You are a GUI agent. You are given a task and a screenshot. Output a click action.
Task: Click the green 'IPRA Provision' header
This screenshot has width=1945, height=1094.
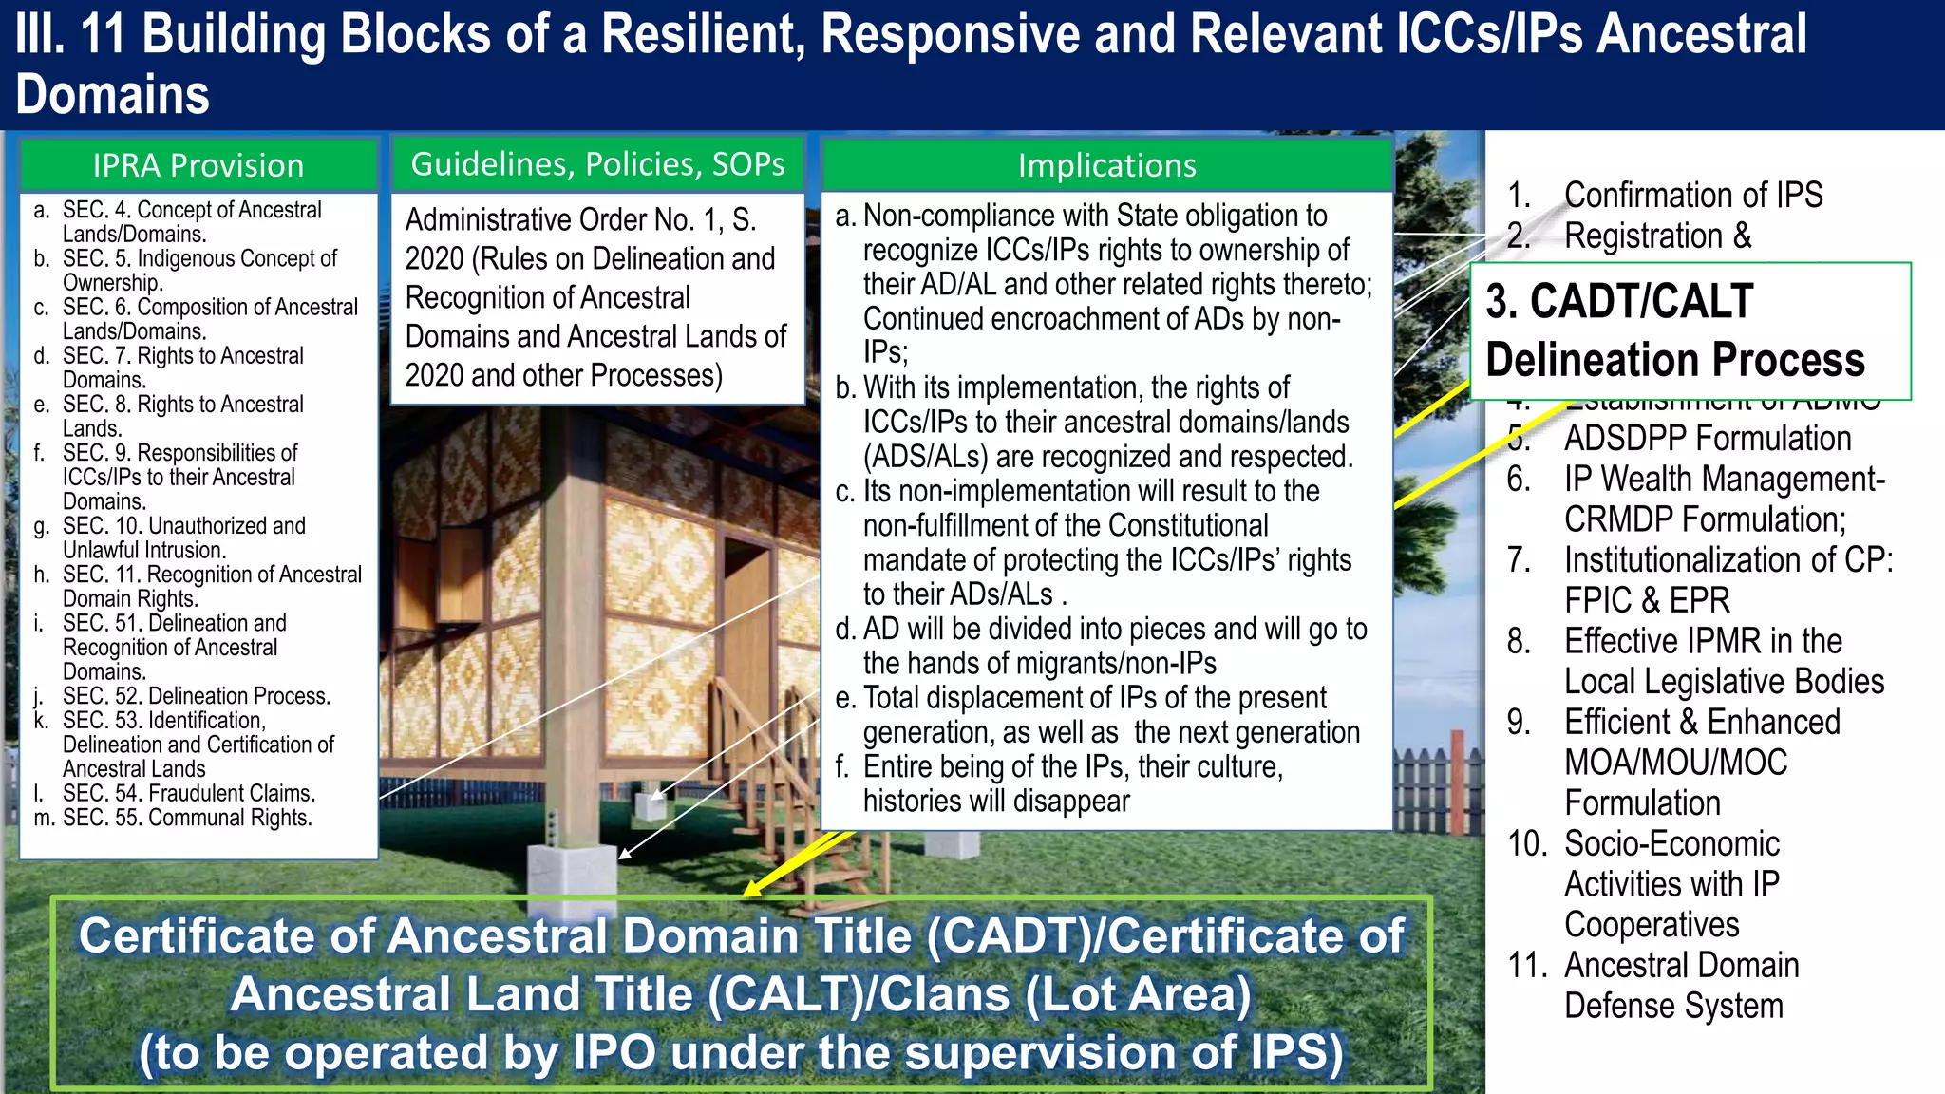(198, 165)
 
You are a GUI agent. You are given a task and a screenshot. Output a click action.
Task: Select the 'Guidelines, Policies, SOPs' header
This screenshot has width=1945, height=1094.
(597, 164)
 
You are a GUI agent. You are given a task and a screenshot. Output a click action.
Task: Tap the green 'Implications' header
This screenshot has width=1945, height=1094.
(1106, 165)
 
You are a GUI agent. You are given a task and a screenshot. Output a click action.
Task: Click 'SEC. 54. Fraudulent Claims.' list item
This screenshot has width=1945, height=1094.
(188, 793)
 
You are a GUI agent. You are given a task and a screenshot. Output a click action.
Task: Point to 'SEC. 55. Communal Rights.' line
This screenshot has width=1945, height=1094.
(186, 818)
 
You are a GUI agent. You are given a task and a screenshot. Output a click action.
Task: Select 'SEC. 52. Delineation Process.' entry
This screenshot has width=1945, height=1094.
(196, 696)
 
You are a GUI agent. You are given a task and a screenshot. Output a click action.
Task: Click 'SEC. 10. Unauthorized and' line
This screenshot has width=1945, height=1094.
(183, 526)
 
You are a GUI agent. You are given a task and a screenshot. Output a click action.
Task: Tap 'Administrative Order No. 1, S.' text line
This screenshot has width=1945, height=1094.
(580, 219)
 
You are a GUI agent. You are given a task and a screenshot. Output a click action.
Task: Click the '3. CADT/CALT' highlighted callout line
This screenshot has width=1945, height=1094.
(1619, 301)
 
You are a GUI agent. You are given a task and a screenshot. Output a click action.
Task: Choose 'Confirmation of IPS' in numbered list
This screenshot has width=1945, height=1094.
(1692, 195)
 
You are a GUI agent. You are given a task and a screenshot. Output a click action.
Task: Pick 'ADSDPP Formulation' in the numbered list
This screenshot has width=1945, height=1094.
(1707, 438)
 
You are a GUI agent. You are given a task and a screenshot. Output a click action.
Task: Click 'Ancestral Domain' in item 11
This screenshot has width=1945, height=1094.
(1681, 965)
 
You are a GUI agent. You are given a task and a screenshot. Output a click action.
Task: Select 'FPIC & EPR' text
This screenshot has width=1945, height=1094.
(1646, 600)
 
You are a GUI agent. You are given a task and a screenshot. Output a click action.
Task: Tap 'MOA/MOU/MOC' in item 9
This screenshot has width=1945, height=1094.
(1675, 762)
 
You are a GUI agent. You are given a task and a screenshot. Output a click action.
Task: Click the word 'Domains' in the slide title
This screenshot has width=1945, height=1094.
(112, 95)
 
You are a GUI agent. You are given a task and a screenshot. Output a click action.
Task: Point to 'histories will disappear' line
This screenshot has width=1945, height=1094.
(995, 801)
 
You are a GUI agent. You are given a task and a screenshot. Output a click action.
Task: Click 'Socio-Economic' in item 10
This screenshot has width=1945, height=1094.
(1671, 843)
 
